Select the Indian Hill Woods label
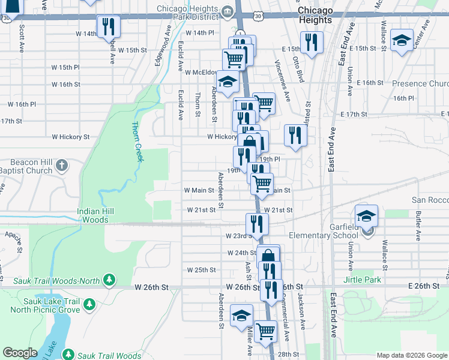92,215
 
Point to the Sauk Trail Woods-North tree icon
109,280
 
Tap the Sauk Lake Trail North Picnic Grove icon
89,305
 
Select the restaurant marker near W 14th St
109,26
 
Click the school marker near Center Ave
401,40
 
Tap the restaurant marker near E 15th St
312,43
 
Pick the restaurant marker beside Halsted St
295,135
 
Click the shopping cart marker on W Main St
261,184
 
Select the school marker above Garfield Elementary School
366,217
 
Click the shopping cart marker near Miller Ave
265,331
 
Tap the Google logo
20,353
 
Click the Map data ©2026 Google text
411,355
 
